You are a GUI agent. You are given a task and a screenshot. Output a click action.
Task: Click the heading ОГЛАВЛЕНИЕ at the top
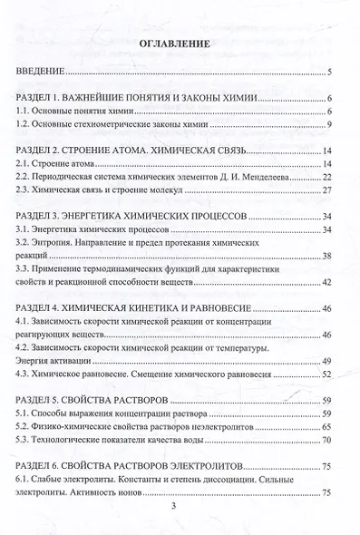[176, 43]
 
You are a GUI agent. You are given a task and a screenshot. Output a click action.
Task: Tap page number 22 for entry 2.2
[331, 178]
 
